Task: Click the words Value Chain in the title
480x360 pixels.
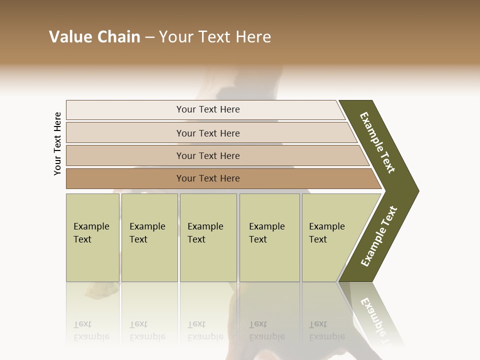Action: click(94, 37)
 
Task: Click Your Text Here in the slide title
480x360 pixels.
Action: click(215, 37)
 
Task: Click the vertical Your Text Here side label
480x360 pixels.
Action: click(57, 143)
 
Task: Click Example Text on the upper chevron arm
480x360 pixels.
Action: click(377, 142)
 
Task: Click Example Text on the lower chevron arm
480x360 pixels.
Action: click(379, 236)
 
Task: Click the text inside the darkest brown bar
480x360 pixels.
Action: click(208, 178)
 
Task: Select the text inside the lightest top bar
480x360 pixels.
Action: click(208, 109)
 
